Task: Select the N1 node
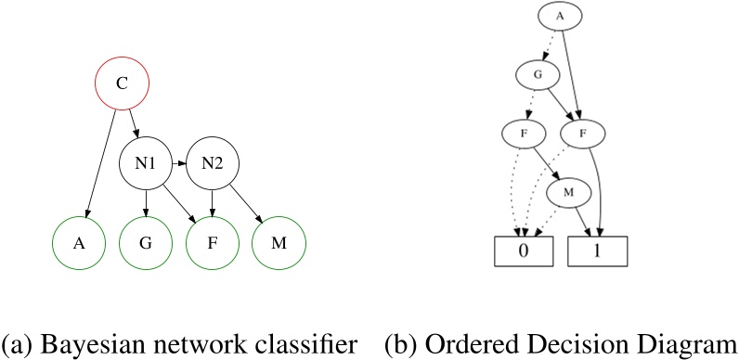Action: tap(146, 166)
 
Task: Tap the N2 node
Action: tap(213, 166)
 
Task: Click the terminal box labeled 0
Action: tap(522, 251)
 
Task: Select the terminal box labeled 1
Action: tap(598, 251)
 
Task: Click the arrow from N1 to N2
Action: tap(178, 166)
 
